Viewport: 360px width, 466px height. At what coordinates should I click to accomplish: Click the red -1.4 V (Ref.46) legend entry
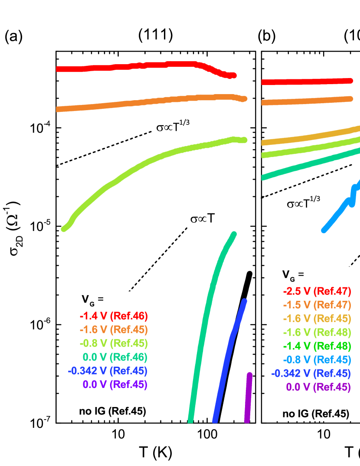pyautogui.click(x=114, y=316)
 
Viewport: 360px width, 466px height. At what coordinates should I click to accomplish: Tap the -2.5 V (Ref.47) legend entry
pyautogui.click(x=317, y=291)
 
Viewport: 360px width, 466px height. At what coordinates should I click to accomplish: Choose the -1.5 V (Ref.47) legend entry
pyautogui.click(x=317, y=305)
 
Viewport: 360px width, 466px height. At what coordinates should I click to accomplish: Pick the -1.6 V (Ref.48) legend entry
pyautogui.click(x=317, y=332)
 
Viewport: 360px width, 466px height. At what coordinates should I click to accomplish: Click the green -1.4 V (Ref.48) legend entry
pyautogui.click(x=317, y=346)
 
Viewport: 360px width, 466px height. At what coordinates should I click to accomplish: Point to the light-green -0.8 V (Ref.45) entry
pyautogui.click(x=114, y=343)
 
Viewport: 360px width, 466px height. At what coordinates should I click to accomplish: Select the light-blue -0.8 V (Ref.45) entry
pyautogui.click(x=317, y=359)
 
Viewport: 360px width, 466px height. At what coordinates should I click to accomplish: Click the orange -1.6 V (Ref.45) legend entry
pyautogui.click(x=114, y=329)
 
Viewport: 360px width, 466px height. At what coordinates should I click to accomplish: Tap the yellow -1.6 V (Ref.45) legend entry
pyautogui.click(x=317, y=319)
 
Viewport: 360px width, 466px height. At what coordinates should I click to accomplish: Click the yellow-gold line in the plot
pyautogui.click(x=310, y=135)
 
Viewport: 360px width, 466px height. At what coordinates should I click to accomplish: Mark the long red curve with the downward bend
pyautogui.click(x=143, y=66)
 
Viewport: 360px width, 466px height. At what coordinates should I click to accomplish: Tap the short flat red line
pyautogui.click(x=306, y=81)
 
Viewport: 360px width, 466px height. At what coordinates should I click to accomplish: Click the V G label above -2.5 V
pyautogui.click(x=293, y=275)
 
